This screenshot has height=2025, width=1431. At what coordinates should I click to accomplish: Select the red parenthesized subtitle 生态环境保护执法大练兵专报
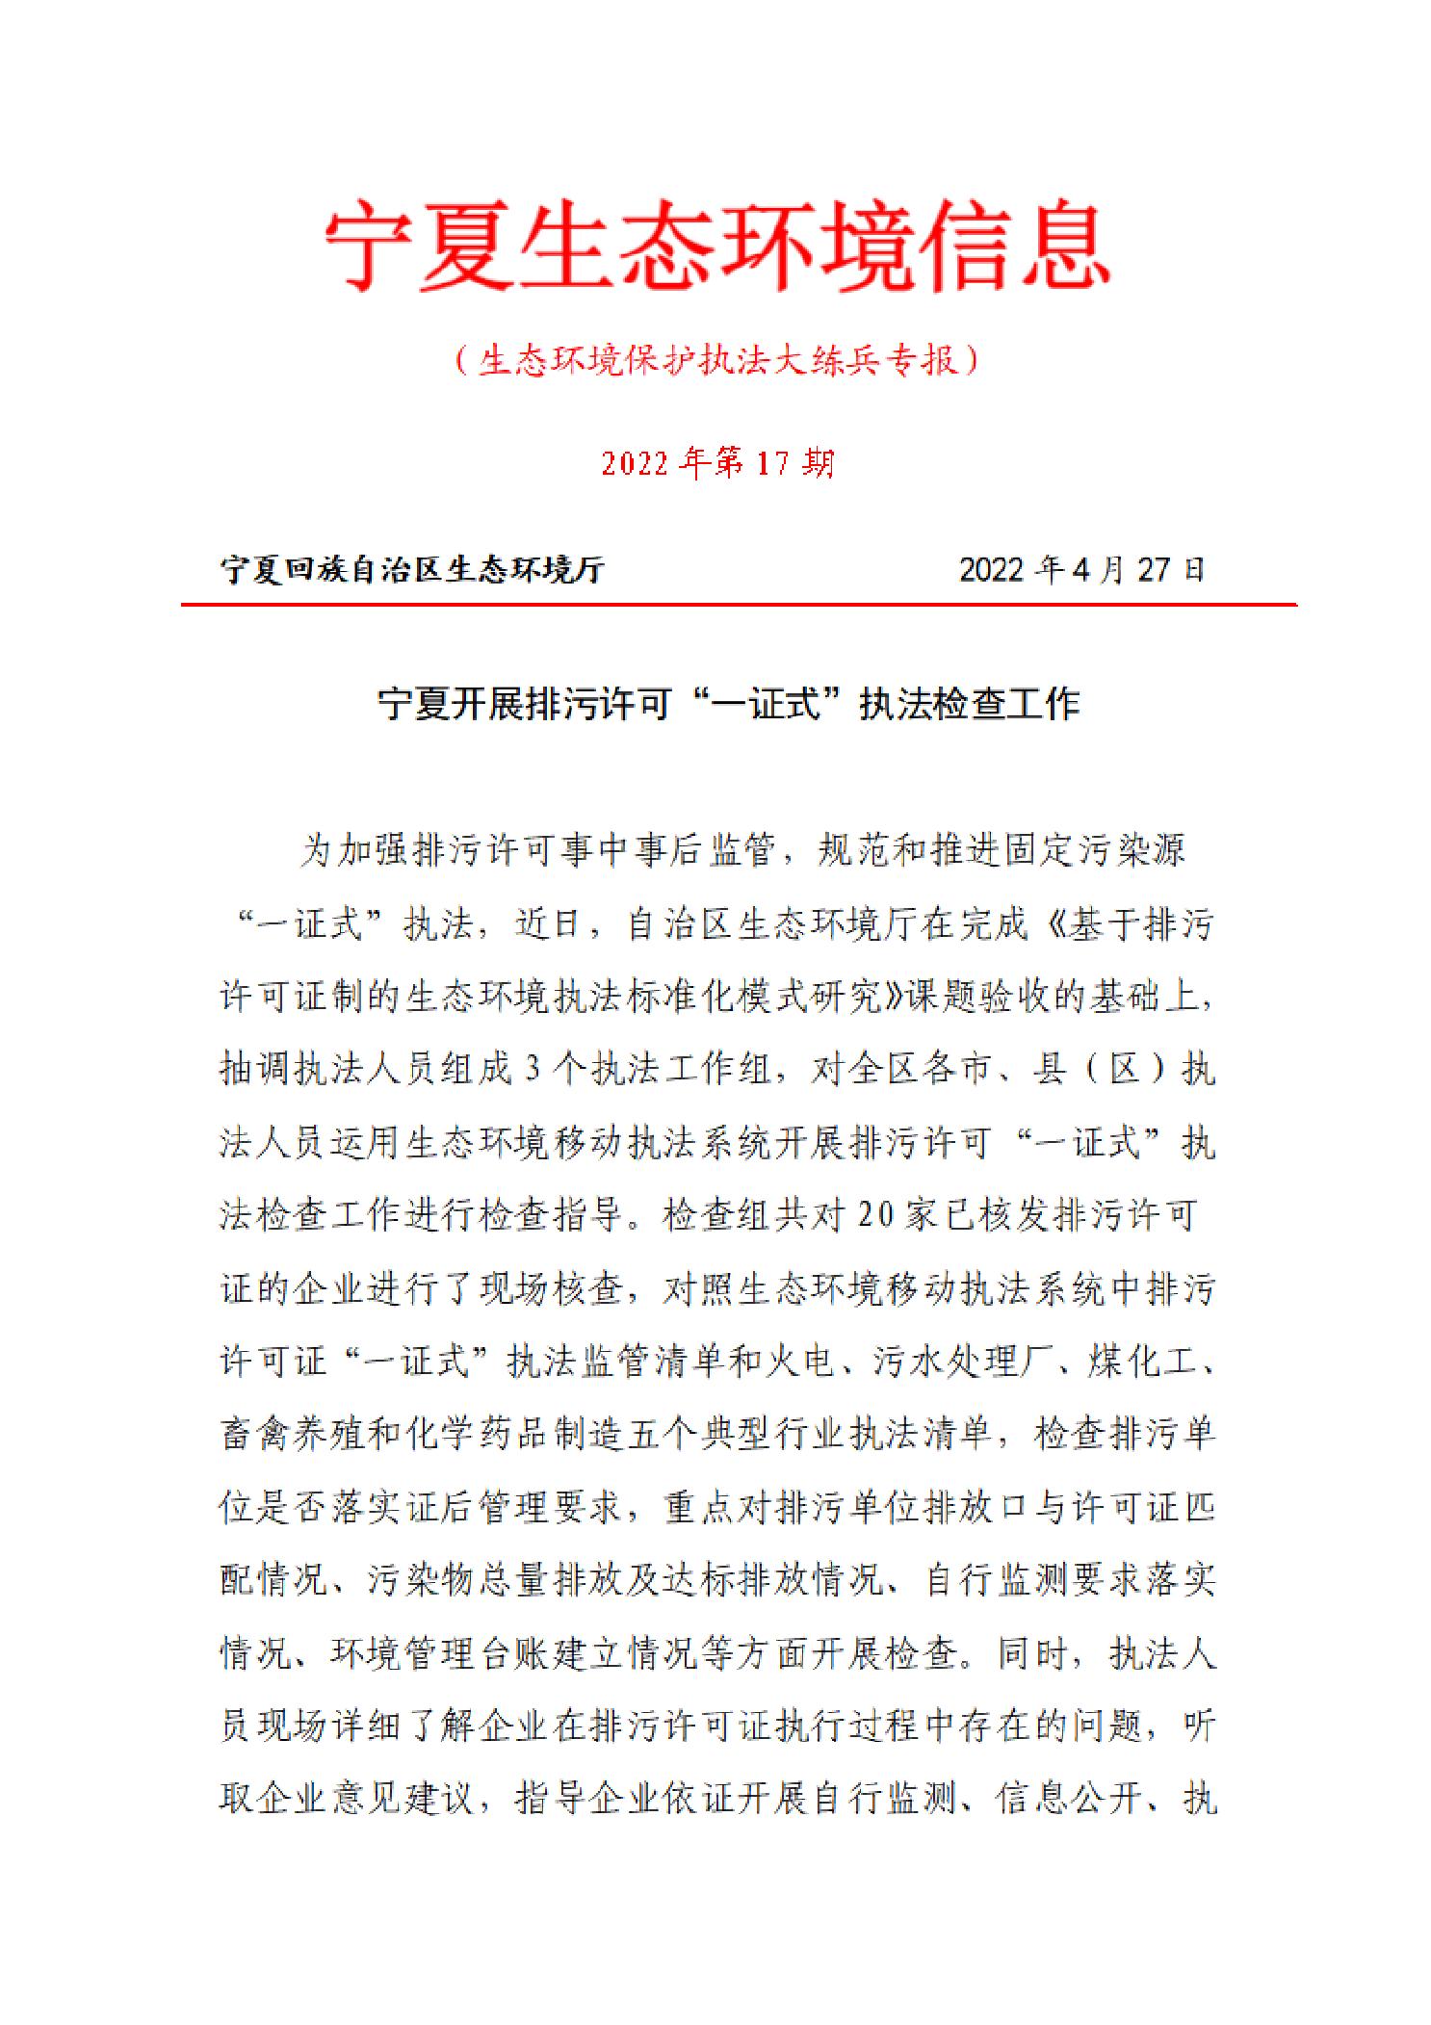(716, 361)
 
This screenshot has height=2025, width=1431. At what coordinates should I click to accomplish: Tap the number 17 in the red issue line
(772, 464)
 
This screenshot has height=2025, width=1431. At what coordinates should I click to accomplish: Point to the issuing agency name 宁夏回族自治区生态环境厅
(413, 570)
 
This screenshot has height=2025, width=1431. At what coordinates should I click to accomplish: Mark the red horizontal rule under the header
(738, 605)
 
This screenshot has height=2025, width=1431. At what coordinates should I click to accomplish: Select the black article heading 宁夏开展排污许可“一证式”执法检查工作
(728, 704)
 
